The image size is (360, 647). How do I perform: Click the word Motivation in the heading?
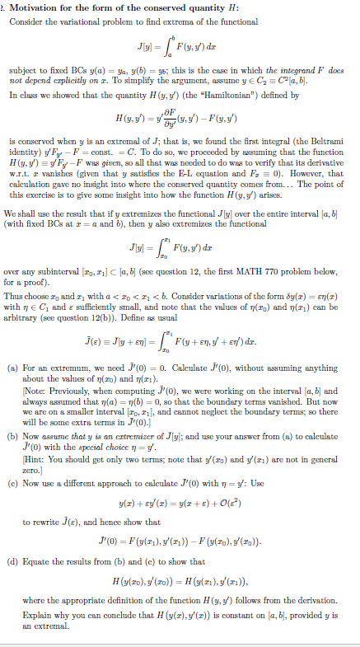point(35,7)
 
